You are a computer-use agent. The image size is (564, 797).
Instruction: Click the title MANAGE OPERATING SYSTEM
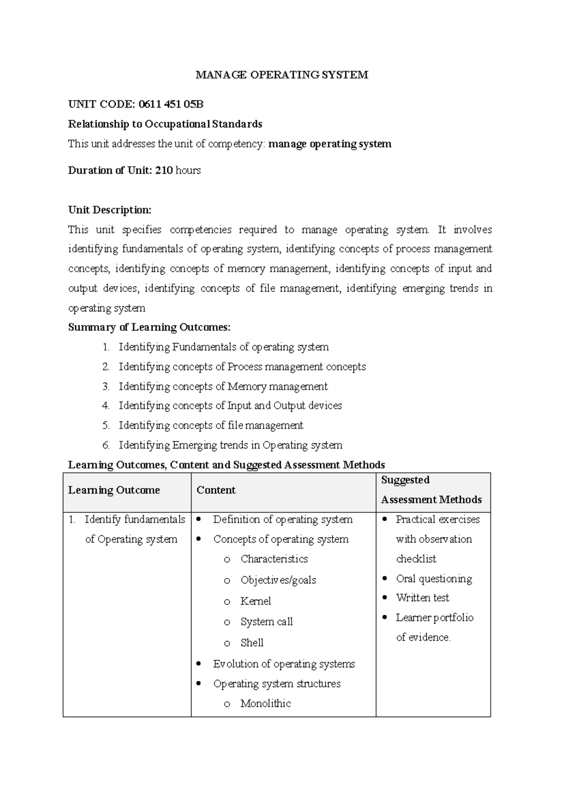pyautogui.click(x=282, y=75)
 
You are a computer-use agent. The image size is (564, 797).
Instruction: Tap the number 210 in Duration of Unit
pyautogui.click(x=164, y=170)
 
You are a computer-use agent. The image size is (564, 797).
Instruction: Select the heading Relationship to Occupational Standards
pyautogui.click(x=165, y=124)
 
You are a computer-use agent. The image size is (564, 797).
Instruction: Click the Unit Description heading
pyautogui.click(x=110, y=210)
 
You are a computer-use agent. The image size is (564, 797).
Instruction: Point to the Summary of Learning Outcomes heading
pyautogui.click(x=149, y=327)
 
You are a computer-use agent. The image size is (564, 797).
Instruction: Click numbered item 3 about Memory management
pyautogui.click(x=223, y=386)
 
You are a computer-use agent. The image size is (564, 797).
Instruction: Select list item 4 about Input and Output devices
pyautogui.click(x=230, y=406)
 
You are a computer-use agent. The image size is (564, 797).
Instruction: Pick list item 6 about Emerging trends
pyautogui.click(x=230, y=445)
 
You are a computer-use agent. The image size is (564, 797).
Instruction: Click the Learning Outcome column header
pyautogui.click(x=114, y=490)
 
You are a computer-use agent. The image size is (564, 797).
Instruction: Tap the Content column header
pyautogui.click(x=216, y=490)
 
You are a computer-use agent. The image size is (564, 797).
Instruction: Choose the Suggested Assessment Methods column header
pyautogui.click(x=431, y=490)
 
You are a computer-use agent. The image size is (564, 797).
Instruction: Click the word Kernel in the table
pyautogui.click(x=256, y=601)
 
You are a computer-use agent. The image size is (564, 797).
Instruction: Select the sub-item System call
pyautogui.click(x=266, y=622)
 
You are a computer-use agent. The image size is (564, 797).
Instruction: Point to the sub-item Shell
pyautogui.click(x=252, y=642)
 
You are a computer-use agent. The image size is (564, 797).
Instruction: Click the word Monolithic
pyautogui.click(x=266, y=703)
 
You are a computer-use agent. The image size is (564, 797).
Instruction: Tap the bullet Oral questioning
pyautogui.click(x=434, y=578)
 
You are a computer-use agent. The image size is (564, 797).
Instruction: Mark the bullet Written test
pyautogui.click(x=423, y=598)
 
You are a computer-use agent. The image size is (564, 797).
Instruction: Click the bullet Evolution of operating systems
pyautogui.click(x=284, y=664)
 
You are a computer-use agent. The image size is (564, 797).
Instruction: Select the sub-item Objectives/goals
pyautogui.click(x=278, y=580)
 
